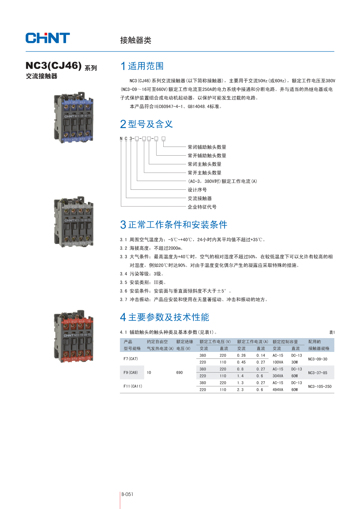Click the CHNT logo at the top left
point(48,38)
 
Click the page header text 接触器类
point(136,40)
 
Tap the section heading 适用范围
point(146,66)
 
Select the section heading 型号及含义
point(150,124)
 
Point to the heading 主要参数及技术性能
point(168,317)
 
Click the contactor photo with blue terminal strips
point(73,118)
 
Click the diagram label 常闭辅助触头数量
point(207,147)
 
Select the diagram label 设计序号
point(197,190)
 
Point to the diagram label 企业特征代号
point(202,207)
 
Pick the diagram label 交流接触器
point(200,198)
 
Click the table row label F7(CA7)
point(131,359)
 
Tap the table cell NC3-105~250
point(320,386)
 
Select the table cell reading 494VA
point(278,390)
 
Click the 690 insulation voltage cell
point(180,373)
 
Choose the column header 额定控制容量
point(285,342)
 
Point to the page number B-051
point(127,494)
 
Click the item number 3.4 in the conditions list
point(123,274)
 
